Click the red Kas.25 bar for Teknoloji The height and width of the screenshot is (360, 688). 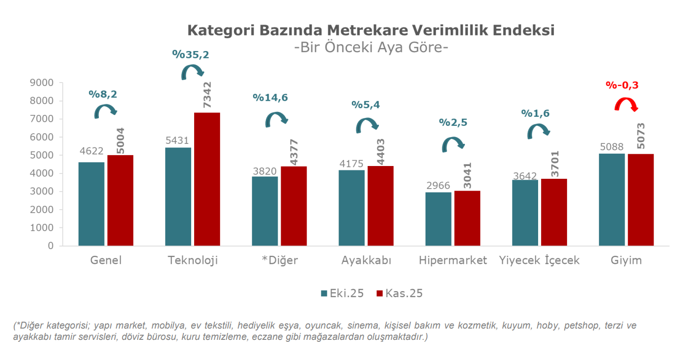[207, 179]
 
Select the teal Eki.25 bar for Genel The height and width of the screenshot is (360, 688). [91, 204]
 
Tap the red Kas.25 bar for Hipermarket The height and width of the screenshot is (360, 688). [467, 218]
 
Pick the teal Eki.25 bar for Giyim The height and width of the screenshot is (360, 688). [612, 199]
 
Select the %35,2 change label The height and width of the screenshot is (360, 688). [191, 55]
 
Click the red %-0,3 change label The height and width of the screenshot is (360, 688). [622, 85]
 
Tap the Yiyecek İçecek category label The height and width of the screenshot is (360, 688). [539, 260]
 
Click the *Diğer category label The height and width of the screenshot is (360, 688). [279, 260]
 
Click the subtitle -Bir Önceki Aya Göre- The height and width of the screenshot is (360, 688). [371, 48]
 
